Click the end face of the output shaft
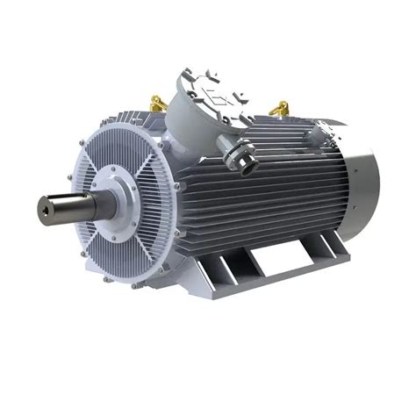[x=45, y=208]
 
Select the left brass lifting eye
[x=158, y=104]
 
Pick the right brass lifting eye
[x=279, y=110]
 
